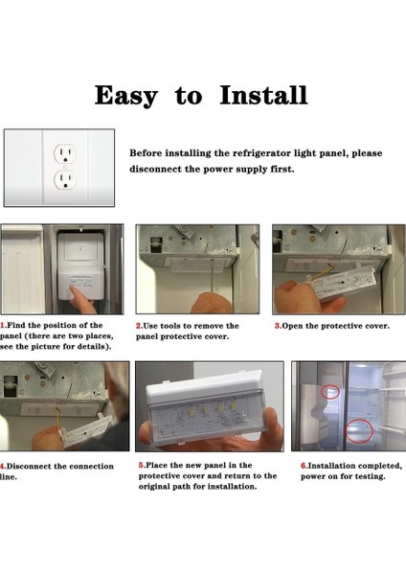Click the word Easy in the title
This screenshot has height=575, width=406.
click(126, 96)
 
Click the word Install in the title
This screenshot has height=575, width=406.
click(263, 95)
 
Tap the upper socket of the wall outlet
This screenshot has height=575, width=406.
click(65, 153)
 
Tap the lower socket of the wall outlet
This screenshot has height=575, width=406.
click(65, 180)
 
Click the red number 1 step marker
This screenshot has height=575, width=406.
click(2, 325)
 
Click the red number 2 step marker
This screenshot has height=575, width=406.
click(139, 326)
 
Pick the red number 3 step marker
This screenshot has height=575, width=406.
click(278, 326)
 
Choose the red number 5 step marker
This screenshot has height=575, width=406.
click(142, 466)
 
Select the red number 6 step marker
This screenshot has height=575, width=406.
click(304, 466)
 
